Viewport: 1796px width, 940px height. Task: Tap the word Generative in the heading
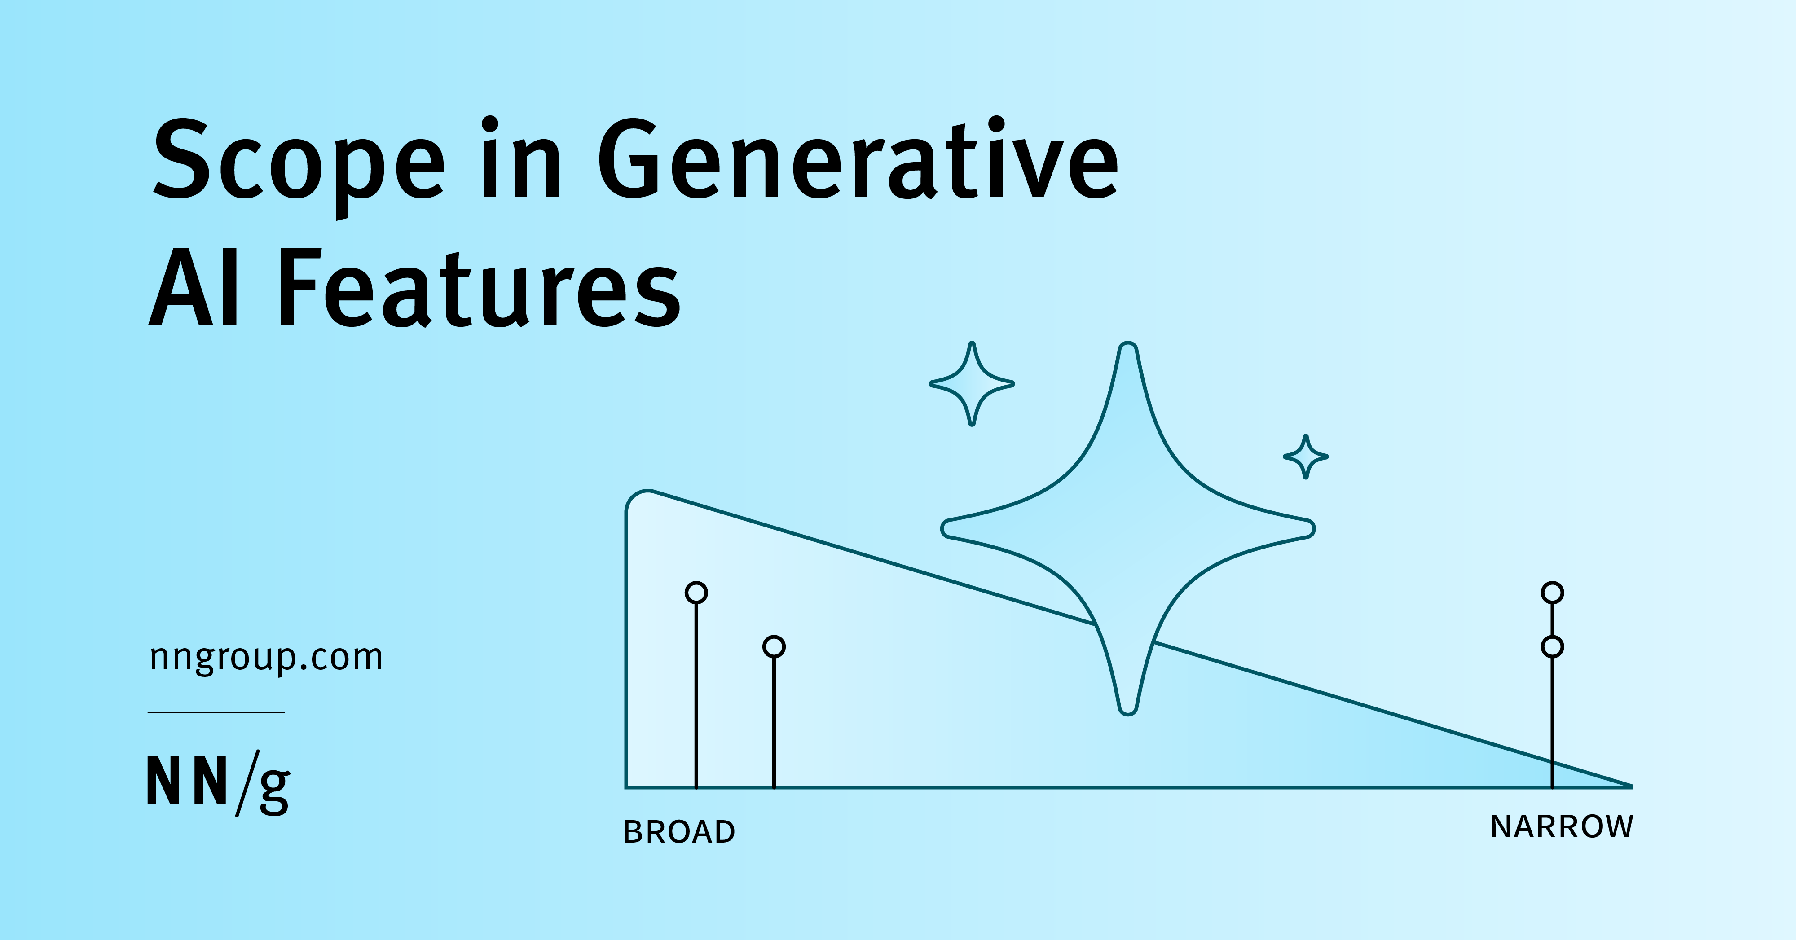tap(858, 160)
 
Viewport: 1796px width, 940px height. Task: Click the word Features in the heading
tap(480, 289)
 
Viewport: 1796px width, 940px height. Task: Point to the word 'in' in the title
tap(520, 160)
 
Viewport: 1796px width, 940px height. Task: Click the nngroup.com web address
tap(266, 657)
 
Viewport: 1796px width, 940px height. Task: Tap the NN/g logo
tap(218, 782)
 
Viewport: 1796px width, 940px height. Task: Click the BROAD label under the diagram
tap(679, 832)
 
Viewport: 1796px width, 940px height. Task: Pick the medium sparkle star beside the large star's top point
tap(972, 383)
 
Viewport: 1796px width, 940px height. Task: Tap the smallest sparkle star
tap(1306, 457)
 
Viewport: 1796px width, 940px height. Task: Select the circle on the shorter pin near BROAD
tap(774, 646)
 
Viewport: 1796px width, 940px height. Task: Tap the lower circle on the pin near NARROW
tap(1552, 646)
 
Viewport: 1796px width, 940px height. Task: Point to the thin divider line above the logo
tap(216, 712)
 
